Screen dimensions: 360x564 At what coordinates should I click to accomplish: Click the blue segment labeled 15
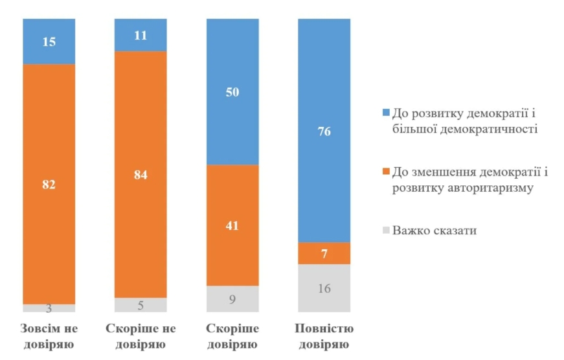coord(49,41)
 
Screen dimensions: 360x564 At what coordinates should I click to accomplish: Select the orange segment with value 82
coord(49,184)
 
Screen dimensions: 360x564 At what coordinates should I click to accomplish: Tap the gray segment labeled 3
coord(49,308)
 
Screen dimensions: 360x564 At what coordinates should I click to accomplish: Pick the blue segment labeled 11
coord(141,34)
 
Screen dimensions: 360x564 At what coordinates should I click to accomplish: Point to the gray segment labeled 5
coord(141,305)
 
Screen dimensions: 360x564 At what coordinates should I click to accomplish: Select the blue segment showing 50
coord(232,91)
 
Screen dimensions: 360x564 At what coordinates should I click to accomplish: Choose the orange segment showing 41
coord(232,225)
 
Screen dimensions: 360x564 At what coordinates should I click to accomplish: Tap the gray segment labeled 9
coord(232,299)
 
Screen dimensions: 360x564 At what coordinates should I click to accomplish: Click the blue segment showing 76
coord(324,130)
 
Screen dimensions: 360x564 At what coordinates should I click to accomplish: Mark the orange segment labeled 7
coord(324,253)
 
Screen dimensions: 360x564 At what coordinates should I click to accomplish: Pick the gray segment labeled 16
coord(324,288)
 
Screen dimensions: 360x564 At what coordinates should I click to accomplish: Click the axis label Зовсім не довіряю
coord(49,336)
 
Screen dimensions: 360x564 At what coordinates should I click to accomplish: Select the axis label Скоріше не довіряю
coord(141,336)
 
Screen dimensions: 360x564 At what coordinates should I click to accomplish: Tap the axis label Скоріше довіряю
coord(232,336)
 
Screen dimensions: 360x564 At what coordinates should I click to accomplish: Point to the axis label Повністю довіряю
coord(324,336)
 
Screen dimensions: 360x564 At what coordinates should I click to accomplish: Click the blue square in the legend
coord(386,113)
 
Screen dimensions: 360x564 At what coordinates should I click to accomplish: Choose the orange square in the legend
coord(386,172)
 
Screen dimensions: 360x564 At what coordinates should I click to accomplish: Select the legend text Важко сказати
coord(435,231)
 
